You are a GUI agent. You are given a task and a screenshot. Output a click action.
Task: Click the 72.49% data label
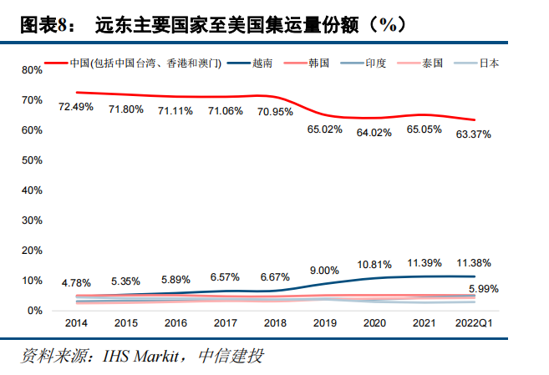click(75, 107)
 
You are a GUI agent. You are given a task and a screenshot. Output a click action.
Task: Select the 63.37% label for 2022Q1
click(474, 134)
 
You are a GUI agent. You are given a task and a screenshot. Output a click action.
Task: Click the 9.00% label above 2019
click(325, 270)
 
